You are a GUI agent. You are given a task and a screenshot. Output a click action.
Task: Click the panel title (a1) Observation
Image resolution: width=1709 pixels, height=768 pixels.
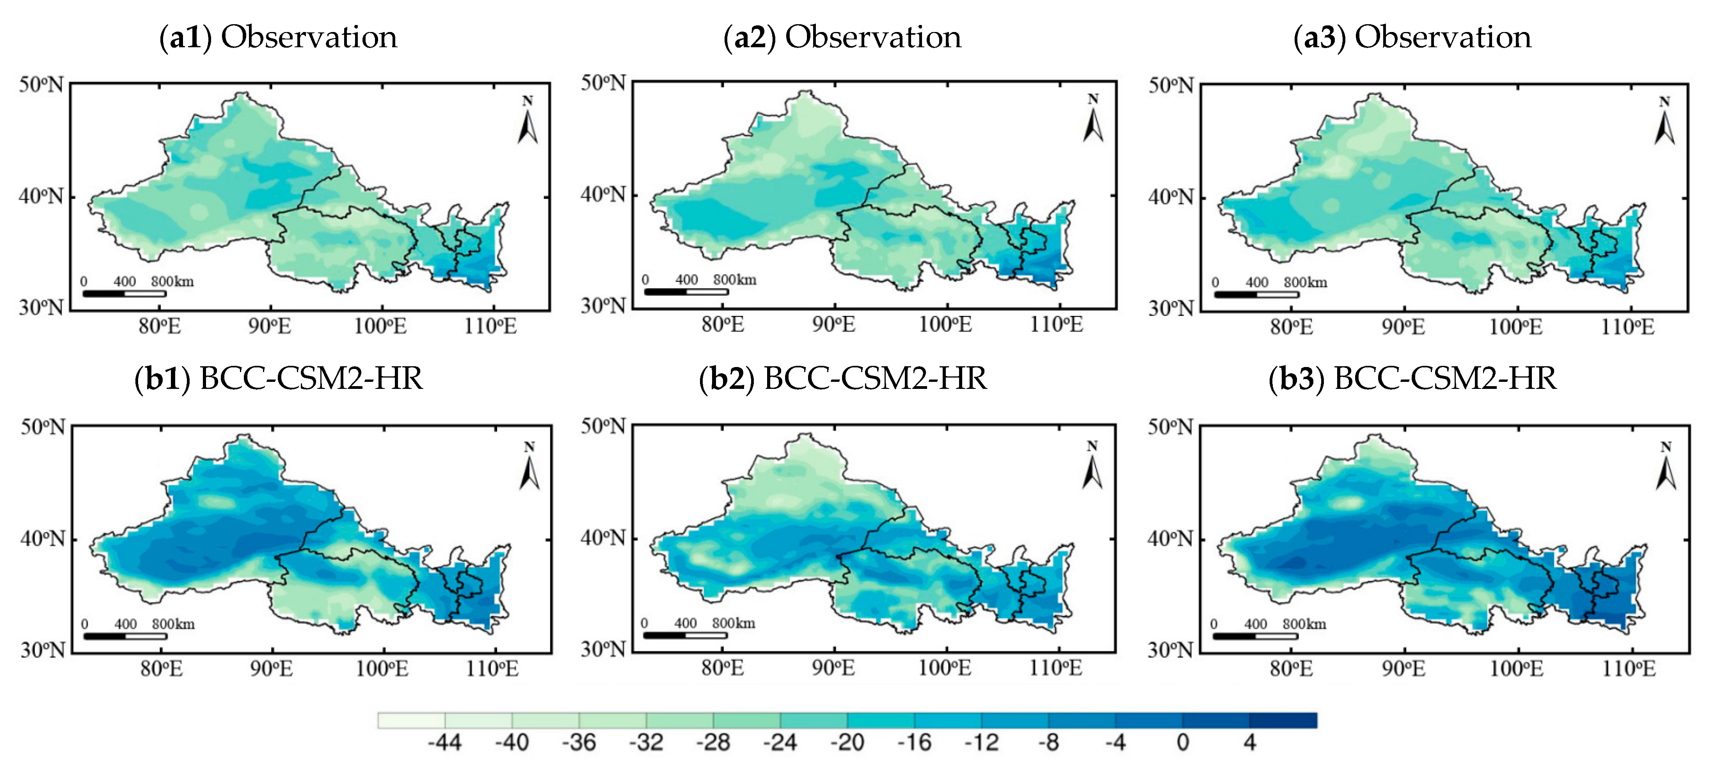click(x=278, y=37)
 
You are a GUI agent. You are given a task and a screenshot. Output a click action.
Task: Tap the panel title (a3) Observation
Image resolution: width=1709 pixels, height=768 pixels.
click(x=1412, y=37)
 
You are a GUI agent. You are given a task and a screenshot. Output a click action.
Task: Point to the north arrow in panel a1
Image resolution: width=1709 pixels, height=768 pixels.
click(x=528, y=121)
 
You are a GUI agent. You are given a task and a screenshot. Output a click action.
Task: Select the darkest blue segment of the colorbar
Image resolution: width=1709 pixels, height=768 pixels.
click(x=1283, y=720)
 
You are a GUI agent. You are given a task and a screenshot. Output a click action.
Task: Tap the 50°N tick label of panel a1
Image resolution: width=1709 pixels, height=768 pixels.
click(x=41, y=86)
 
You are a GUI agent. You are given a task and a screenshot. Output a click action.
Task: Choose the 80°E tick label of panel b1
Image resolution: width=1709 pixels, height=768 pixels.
click(x=161, y=668)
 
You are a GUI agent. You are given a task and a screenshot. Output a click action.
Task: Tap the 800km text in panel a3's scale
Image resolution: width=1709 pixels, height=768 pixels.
click(x=1305, y=283)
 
